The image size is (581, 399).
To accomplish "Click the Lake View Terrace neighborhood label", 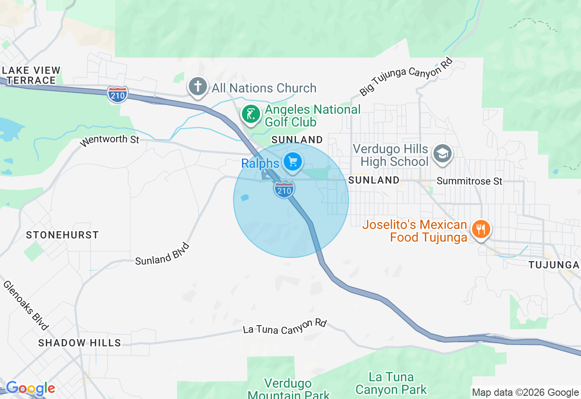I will pos(31,75).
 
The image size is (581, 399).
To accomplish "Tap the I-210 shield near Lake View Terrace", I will pos(118,94).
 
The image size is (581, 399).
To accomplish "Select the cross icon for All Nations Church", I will pos(198,87).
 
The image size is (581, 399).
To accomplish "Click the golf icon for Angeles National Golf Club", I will pos(251,114).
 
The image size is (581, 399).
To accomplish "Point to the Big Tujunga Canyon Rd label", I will pos(406,76).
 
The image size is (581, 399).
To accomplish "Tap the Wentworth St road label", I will pos(109,140).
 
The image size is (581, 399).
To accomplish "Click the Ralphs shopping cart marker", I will pos(293,161).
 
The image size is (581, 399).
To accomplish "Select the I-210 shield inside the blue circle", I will pos(284,190).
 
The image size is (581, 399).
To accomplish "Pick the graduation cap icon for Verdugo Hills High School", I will pos(442,154).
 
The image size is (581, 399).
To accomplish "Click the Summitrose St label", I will pos(469,181).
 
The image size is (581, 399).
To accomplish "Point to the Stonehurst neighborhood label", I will pos(62,235).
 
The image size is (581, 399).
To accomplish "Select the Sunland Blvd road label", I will pos(162,254).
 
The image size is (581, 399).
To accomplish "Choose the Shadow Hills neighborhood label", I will pos(79,343).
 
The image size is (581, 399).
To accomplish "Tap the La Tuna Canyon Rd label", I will pos(285,326).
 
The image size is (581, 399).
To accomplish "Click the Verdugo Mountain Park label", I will pos(289,389).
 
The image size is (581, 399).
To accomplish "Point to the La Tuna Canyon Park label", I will pos(391,383).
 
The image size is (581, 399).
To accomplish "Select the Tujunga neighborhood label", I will pos(554,265).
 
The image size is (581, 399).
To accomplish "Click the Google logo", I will pos(30,388).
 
